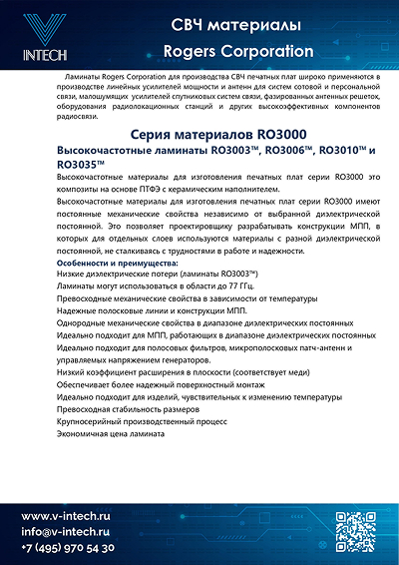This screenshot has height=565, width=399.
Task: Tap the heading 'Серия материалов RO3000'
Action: pos(199,134)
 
